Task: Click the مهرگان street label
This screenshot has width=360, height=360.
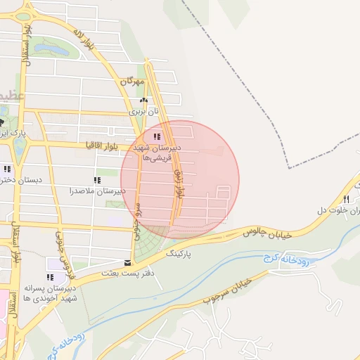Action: pyautogui.click(x=131, y=82)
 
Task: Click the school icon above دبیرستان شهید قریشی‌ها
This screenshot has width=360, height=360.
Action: pyautogui.click(x=157, y=136)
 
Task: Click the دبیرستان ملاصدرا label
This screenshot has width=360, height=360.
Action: pyautogui.click(x=97, y=191)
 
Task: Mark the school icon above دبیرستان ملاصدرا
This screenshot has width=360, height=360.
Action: pyautogui.click(x=97, y=180)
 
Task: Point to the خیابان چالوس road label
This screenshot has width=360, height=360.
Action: pyautogui.click(x=266, y=228)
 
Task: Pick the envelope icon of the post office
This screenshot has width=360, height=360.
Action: pyautogui.click(x=127, y=263)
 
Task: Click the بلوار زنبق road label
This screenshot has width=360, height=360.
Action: pyautogui.click(x=180, y=183)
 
